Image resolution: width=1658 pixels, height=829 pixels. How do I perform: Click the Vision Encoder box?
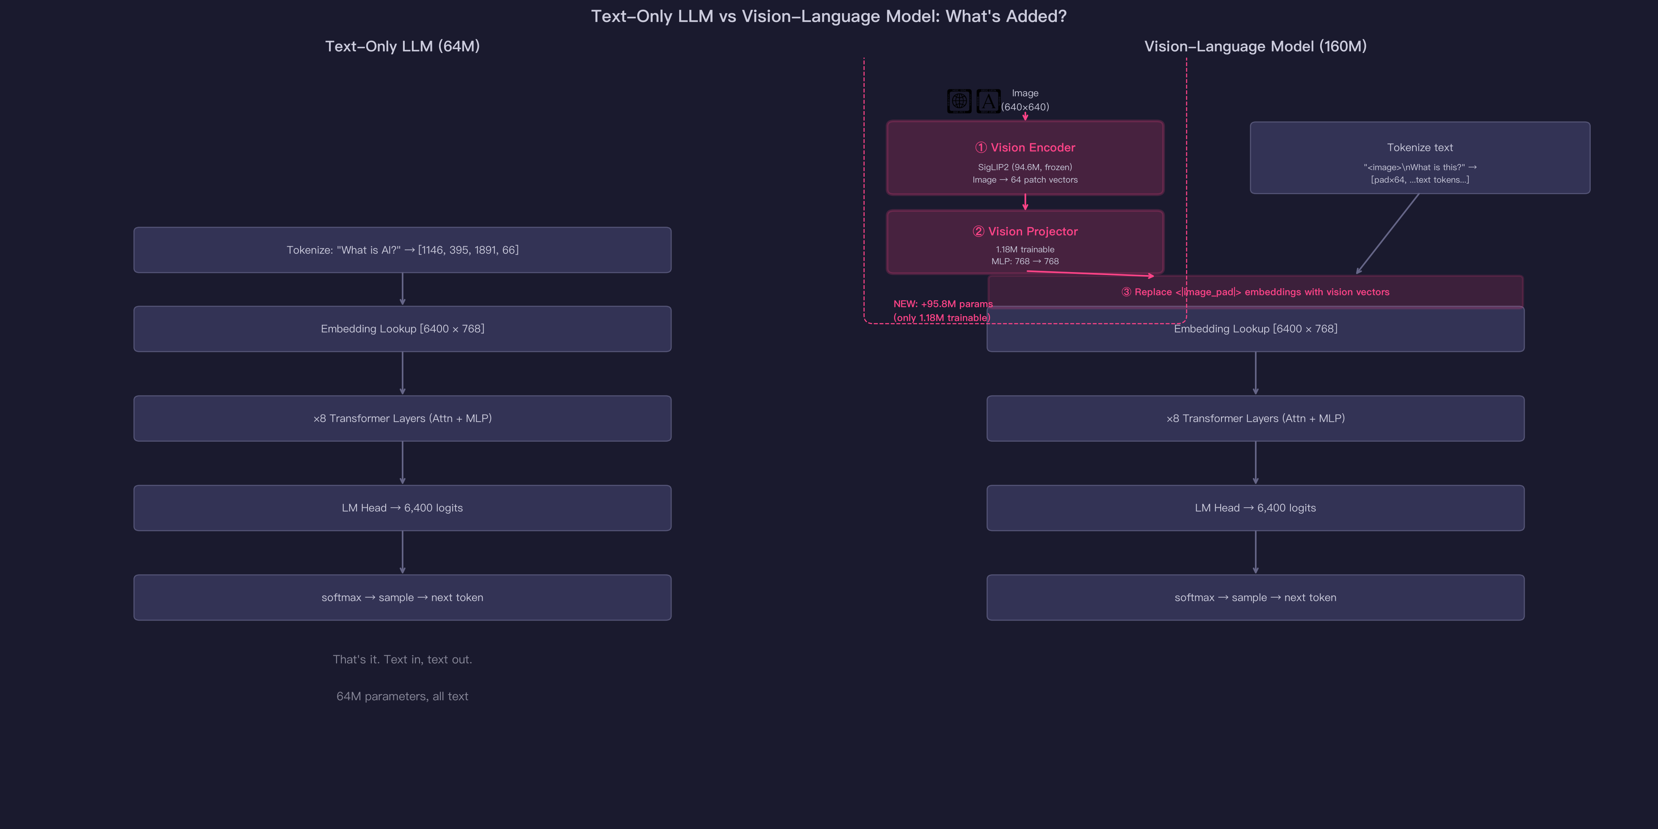[1025, 158]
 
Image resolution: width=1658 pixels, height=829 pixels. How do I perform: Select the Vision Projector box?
[1025, 242]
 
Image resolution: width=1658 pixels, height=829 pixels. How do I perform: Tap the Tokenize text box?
[1420, 158]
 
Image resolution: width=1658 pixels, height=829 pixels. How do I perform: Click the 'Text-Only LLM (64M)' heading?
[402, 46]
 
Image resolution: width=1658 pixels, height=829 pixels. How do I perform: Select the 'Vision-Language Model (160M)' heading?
[1255, 46]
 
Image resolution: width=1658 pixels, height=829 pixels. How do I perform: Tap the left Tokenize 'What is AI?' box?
[402, 250]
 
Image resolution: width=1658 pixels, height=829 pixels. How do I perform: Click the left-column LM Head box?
[402, 508]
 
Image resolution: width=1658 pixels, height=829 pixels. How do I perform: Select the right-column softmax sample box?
[1255, 598]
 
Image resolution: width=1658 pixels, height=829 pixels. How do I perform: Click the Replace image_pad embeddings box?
[1255, 292]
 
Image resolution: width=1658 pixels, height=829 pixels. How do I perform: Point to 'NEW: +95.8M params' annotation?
[943, 304]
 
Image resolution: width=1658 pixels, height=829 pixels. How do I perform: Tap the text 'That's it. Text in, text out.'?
[402, 659]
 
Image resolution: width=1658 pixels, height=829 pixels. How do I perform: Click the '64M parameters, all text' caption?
[402, 696]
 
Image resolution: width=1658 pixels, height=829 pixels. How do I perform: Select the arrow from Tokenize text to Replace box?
[1388, 234]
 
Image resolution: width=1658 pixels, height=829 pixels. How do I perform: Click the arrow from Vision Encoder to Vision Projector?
[1025, 202]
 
